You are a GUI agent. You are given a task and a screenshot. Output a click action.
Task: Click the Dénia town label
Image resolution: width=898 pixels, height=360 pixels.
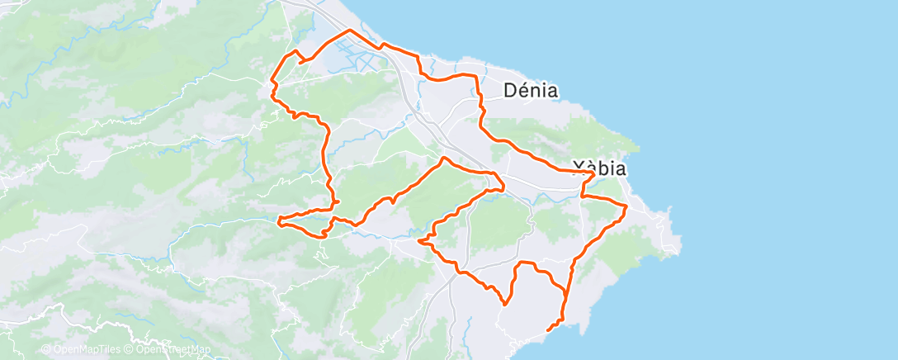point(532,90)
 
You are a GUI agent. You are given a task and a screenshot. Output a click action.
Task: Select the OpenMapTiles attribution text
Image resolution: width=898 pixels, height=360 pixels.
point(86,349)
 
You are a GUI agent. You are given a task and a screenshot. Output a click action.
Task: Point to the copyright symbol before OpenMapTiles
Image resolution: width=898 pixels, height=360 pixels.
point(45,349)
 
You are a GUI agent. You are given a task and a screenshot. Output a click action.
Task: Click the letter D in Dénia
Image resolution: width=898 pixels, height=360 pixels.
point(511,90)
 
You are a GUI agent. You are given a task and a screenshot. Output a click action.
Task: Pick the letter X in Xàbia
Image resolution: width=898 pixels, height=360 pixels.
point(580,168)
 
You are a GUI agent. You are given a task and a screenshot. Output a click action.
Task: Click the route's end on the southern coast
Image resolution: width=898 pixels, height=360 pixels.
point(548,331)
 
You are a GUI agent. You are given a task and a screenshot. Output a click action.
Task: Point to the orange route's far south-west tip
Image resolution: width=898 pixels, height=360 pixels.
point(280,221)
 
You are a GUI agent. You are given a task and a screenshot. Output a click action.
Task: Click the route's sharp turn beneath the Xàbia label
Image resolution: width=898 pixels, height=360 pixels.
point(583,197)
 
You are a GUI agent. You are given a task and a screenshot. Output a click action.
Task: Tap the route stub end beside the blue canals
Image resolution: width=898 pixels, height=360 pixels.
point(300,60)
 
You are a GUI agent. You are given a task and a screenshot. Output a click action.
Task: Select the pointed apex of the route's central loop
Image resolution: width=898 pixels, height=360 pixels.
point(444,158)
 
